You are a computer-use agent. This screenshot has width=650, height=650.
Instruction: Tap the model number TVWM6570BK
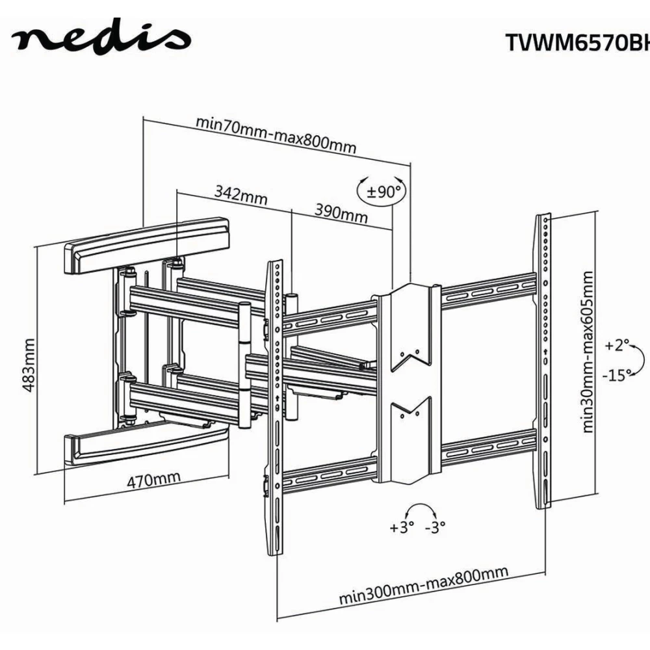click(x=577, y=42)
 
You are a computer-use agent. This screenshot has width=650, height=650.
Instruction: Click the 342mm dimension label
click(x=241, y=194)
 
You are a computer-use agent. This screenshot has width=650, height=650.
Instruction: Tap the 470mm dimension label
click(x=153, y=482)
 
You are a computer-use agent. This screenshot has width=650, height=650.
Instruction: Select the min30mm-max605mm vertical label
click(x=589, y=352)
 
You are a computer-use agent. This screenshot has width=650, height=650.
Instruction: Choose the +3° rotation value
click(x=402, y=527)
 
